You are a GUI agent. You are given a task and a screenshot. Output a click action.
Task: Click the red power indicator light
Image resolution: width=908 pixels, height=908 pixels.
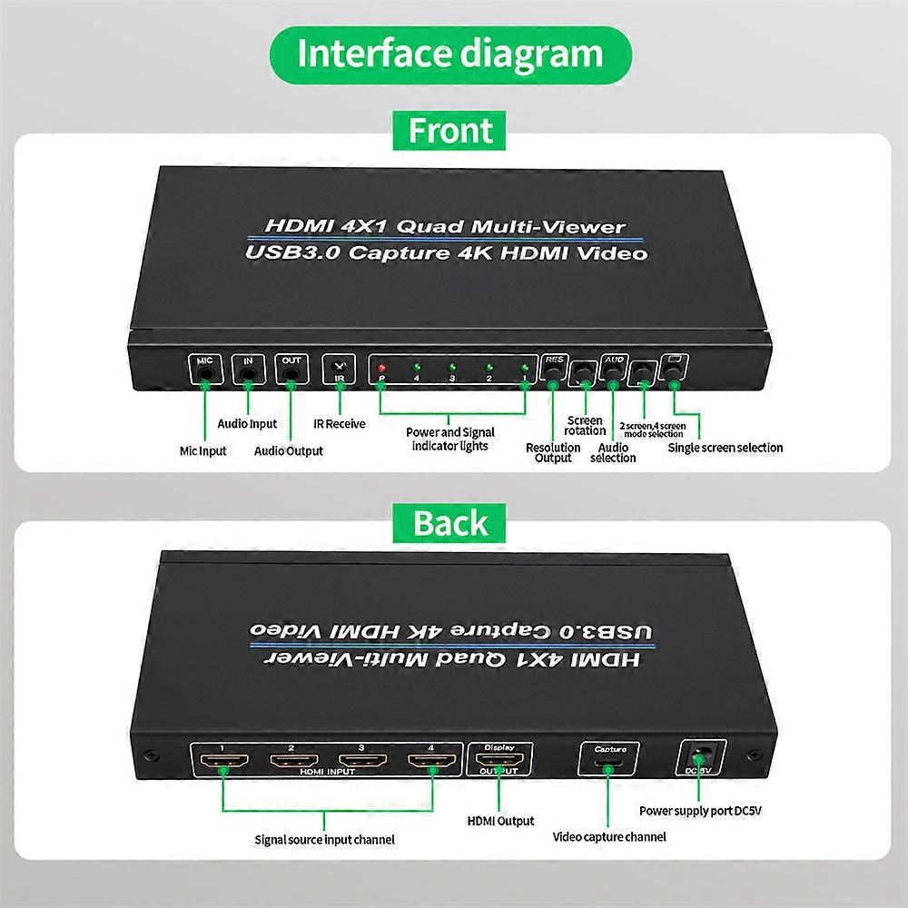pyautogui.click(x=382, y=367)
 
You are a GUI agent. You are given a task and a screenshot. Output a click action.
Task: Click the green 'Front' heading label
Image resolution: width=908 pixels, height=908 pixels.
pyautogui.click(x=450, y=131)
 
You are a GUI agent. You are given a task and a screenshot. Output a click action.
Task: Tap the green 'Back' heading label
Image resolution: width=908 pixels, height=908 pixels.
pyautogui.click(x=450, y=523)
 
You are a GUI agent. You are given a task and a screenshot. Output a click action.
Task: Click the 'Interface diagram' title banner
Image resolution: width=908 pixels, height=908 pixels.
pyautogui.click(x=450, y=54)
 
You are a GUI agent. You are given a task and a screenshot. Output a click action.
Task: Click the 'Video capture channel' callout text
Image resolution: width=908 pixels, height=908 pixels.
pyautogui.click(x=609, y=836)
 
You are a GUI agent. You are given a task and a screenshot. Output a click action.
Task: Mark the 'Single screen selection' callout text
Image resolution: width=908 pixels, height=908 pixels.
pyautogui.click(x=725, y=447)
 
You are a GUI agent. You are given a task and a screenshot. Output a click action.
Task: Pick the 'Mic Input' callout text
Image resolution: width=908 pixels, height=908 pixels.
pyautogui.click(x=202, y=450)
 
